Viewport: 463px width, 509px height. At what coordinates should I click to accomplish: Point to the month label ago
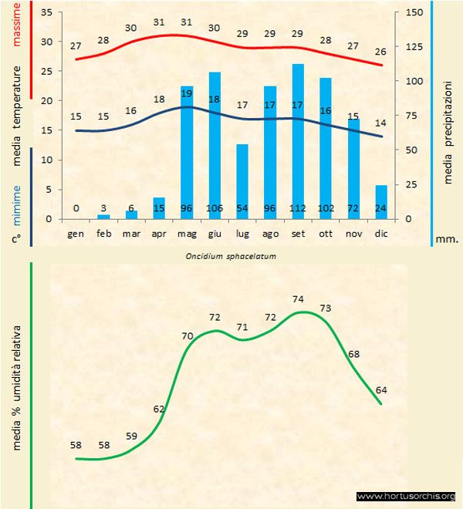click(270, 233)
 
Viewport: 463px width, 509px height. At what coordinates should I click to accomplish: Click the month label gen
click(76, 233)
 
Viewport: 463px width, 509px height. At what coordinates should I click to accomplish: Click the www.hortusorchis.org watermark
click(406, 496)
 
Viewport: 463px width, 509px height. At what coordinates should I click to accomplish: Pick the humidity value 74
click(299, 298)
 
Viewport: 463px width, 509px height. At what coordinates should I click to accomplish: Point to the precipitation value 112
click(298, 208)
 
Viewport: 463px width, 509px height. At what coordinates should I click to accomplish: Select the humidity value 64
click(381, 389)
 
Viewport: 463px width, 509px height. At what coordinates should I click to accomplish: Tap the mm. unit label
click(448, 239)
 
